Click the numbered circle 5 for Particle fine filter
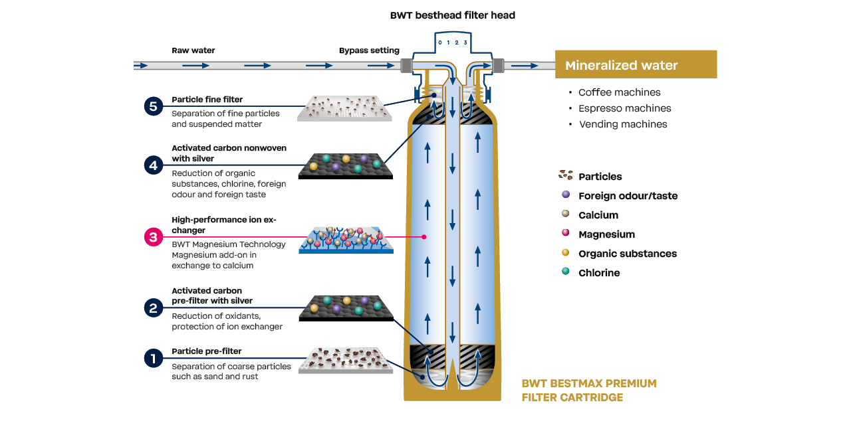pos(154,106)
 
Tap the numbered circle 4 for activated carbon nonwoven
pos(154,165)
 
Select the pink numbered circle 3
pos(154,237)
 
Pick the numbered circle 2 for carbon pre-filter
pos(154,307)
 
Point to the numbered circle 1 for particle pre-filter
pos(154,359)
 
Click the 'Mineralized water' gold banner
pos(636,65)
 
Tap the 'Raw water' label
pos(193,50)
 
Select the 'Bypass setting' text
pos(369,50)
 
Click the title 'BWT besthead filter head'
pos(452,15)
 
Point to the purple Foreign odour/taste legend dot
pos(566,195)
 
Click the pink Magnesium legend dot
pos(566,233)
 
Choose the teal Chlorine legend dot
pos(566,272)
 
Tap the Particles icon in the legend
pos(566,175)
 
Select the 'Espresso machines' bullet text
pos(624,108)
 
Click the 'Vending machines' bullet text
pos(623,124)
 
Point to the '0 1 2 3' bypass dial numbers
pos(452,43)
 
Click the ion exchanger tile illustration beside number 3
pos(345,240)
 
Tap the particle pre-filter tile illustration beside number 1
pos(345,359)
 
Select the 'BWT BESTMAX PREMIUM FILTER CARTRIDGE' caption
pos(588,390)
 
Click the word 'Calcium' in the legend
pos(598,215)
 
